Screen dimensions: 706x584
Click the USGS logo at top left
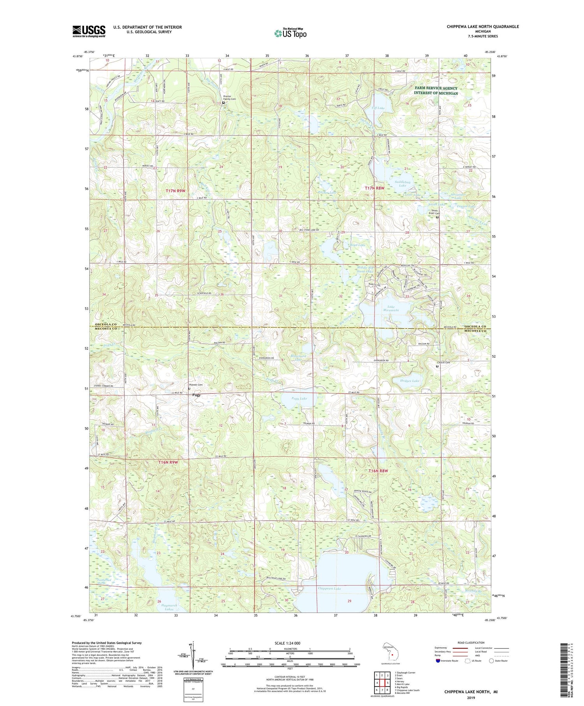[x=89, y=31]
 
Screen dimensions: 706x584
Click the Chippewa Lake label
[x=329, y=588]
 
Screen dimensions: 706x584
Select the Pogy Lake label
[x=299, y=399]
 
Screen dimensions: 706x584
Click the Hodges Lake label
[x=410, y=380]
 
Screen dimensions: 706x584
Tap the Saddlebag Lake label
[x=403, y=183]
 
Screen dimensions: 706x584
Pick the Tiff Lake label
[x=378, y=108]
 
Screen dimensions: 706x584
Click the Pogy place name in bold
[x=196, y=395]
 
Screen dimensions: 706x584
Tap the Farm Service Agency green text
[x=436, y=91]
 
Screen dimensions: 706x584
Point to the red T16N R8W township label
[x=378, y=471]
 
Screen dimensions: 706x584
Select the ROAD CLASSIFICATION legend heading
[x=471, y=643]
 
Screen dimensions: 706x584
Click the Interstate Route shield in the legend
[x=438, y=661]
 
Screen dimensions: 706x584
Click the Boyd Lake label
[x=357, y=245]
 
